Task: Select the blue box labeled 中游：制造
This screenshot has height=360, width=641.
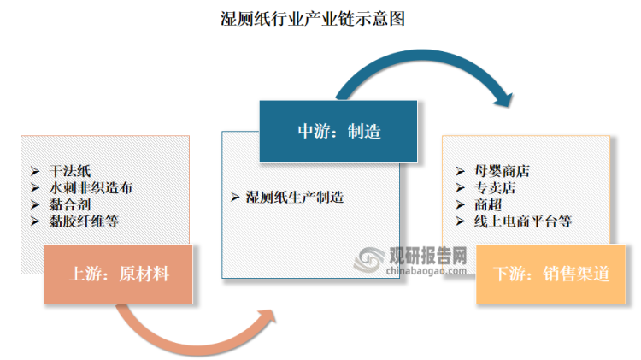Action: tap(338, 131)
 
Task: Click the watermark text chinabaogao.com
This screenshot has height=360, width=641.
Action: tap(419, 270)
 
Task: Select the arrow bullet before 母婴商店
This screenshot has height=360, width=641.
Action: tap(457, 171)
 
